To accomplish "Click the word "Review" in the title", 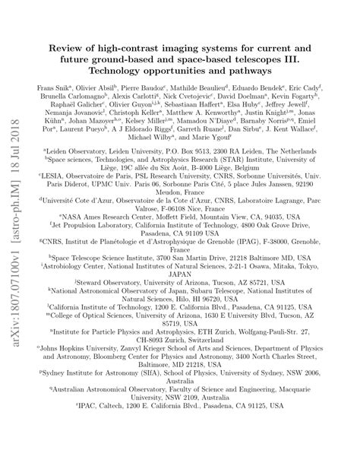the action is (71, 51).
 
